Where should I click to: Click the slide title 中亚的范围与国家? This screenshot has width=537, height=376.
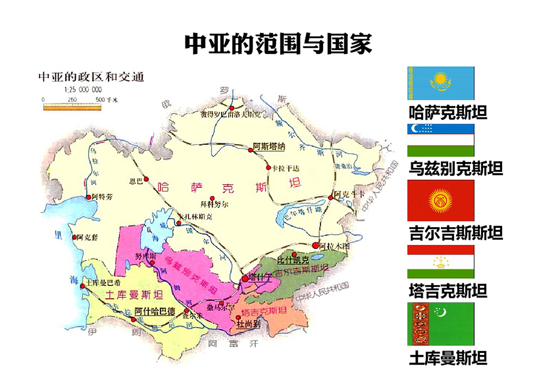tap(278, 44)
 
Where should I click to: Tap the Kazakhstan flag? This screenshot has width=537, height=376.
tap(440, 83)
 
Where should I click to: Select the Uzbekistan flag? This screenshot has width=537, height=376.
tap(440, 140)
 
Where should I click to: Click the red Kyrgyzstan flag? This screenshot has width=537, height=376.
tap(440, 200)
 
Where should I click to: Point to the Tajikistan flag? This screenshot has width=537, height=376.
tap(440, 262)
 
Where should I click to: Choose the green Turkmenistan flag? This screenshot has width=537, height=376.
tap(440, 324)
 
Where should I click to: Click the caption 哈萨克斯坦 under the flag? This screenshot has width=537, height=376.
tap(448, 112)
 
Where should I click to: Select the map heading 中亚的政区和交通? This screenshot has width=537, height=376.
tap(91, 77)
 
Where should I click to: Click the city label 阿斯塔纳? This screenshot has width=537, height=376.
tap(269, 146)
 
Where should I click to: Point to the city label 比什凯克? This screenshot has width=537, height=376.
tap(293, 260)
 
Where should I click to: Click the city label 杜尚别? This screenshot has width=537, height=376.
tap(248, 324)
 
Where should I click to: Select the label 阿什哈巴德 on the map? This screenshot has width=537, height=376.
tap(155, 311)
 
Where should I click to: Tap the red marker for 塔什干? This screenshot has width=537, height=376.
tap(245, 278)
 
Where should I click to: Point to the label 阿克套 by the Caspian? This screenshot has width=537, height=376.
tap(87, 237)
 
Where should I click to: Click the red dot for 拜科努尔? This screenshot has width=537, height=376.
tap(212, 199)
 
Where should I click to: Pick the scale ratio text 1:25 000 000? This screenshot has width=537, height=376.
tap(83, 90)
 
